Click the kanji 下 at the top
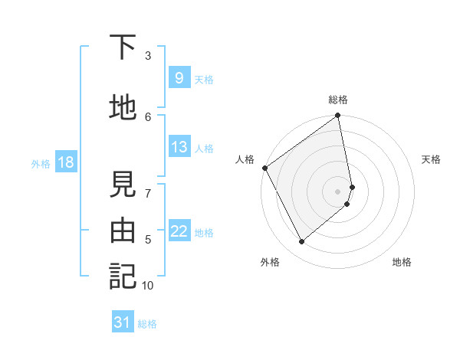[x=123, y=47]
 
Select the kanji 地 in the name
[x=123, y=108]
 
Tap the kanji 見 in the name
[x=123, y=185]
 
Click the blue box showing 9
[x=179, y=78]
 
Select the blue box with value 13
[x=179, y=147]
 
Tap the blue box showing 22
[x=179, y=231]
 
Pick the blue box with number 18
[x=65, y=162]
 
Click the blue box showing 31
[x=123, y=322]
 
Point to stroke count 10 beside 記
[x=148, y=286]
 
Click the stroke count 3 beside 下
[x=148, y=55]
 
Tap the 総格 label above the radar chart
[x=338, y=100]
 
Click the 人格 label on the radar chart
[x=245, y=159]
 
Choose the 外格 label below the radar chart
[x=270, y=263]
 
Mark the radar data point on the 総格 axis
[x=338, y=116]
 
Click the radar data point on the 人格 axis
[x=264, y=168]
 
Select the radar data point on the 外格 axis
[x=302, y=241]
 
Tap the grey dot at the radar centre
[x=338, y=191]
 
